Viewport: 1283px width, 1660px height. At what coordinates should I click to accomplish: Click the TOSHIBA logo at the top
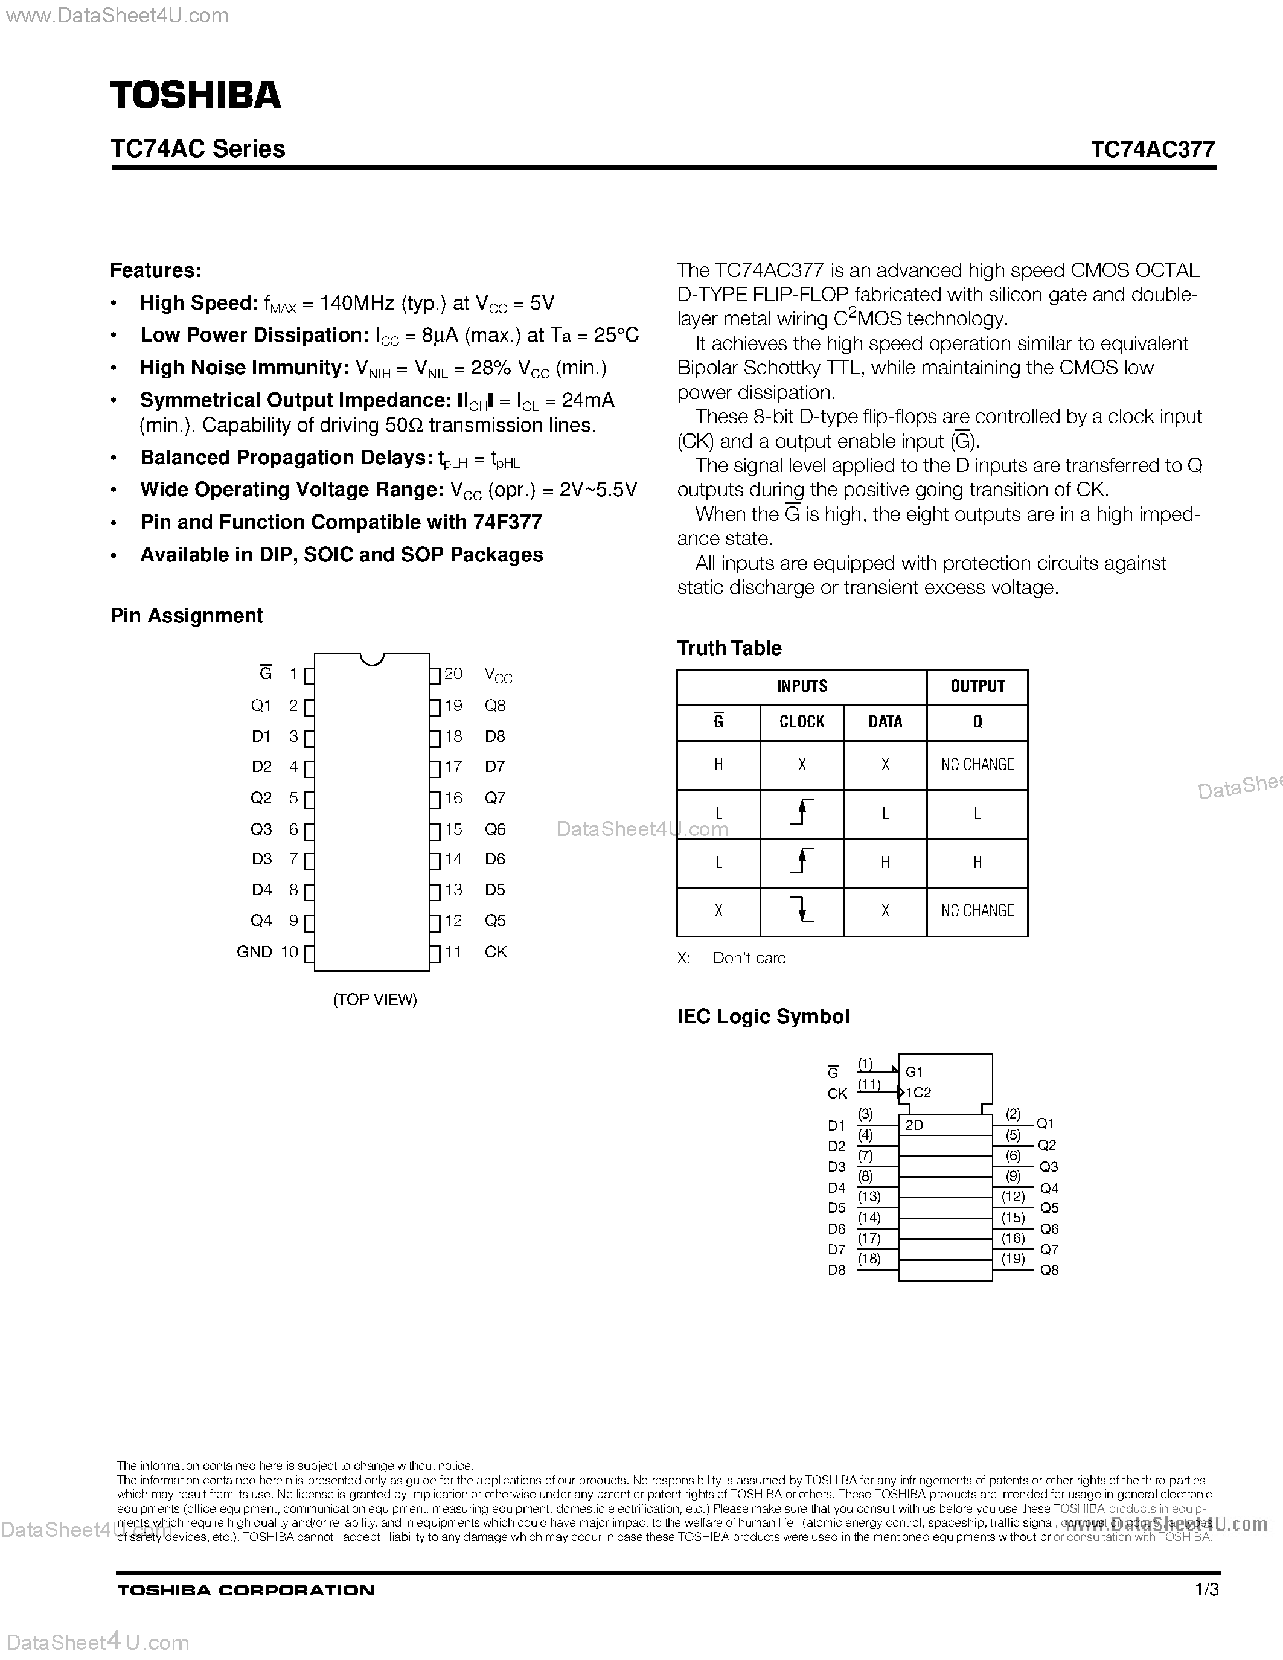(196, 95)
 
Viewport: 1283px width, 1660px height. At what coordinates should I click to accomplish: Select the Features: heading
(156, 270)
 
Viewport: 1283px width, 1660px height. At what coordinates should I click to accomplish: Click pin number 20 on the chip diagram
(454, 674)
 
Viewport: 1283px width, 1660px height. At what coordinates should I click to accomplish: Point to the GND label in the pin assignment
(254, 951)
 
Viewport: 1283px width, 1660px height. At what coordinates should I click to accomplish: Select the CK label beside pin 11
(496, 951)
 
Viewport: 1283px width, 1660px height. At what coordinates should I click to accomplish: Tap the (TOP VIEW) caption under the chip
(375, 1000)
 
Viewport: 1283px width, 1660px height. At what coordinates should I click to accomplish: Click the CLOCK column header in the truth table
(802, 722)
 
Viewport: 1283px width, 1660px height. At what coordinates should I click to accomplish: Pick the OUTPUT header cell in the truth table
(977, 686)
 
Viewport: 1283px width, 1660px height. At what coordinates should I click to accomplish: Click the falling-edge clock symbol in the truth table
(802, 910)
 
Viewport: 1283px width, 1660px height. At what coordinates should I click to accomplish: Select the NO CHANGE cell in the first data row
(977, 765)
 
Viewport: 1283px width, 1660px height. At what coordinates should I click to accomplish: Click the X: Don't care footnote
(731, 959)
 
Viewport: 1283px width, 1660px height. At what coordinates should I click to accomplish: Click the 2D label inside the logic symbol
(914, 1126)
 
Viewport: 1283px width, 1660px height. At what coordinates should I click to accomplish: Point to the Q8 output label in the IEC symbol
(1049, 1270)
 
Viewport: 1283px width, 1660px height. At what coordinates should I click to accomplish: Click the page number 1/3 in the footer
(1207, 1589)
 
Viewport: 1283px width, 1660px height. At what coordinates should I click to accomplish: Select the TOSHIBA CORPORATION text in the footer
(246, 1590)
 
